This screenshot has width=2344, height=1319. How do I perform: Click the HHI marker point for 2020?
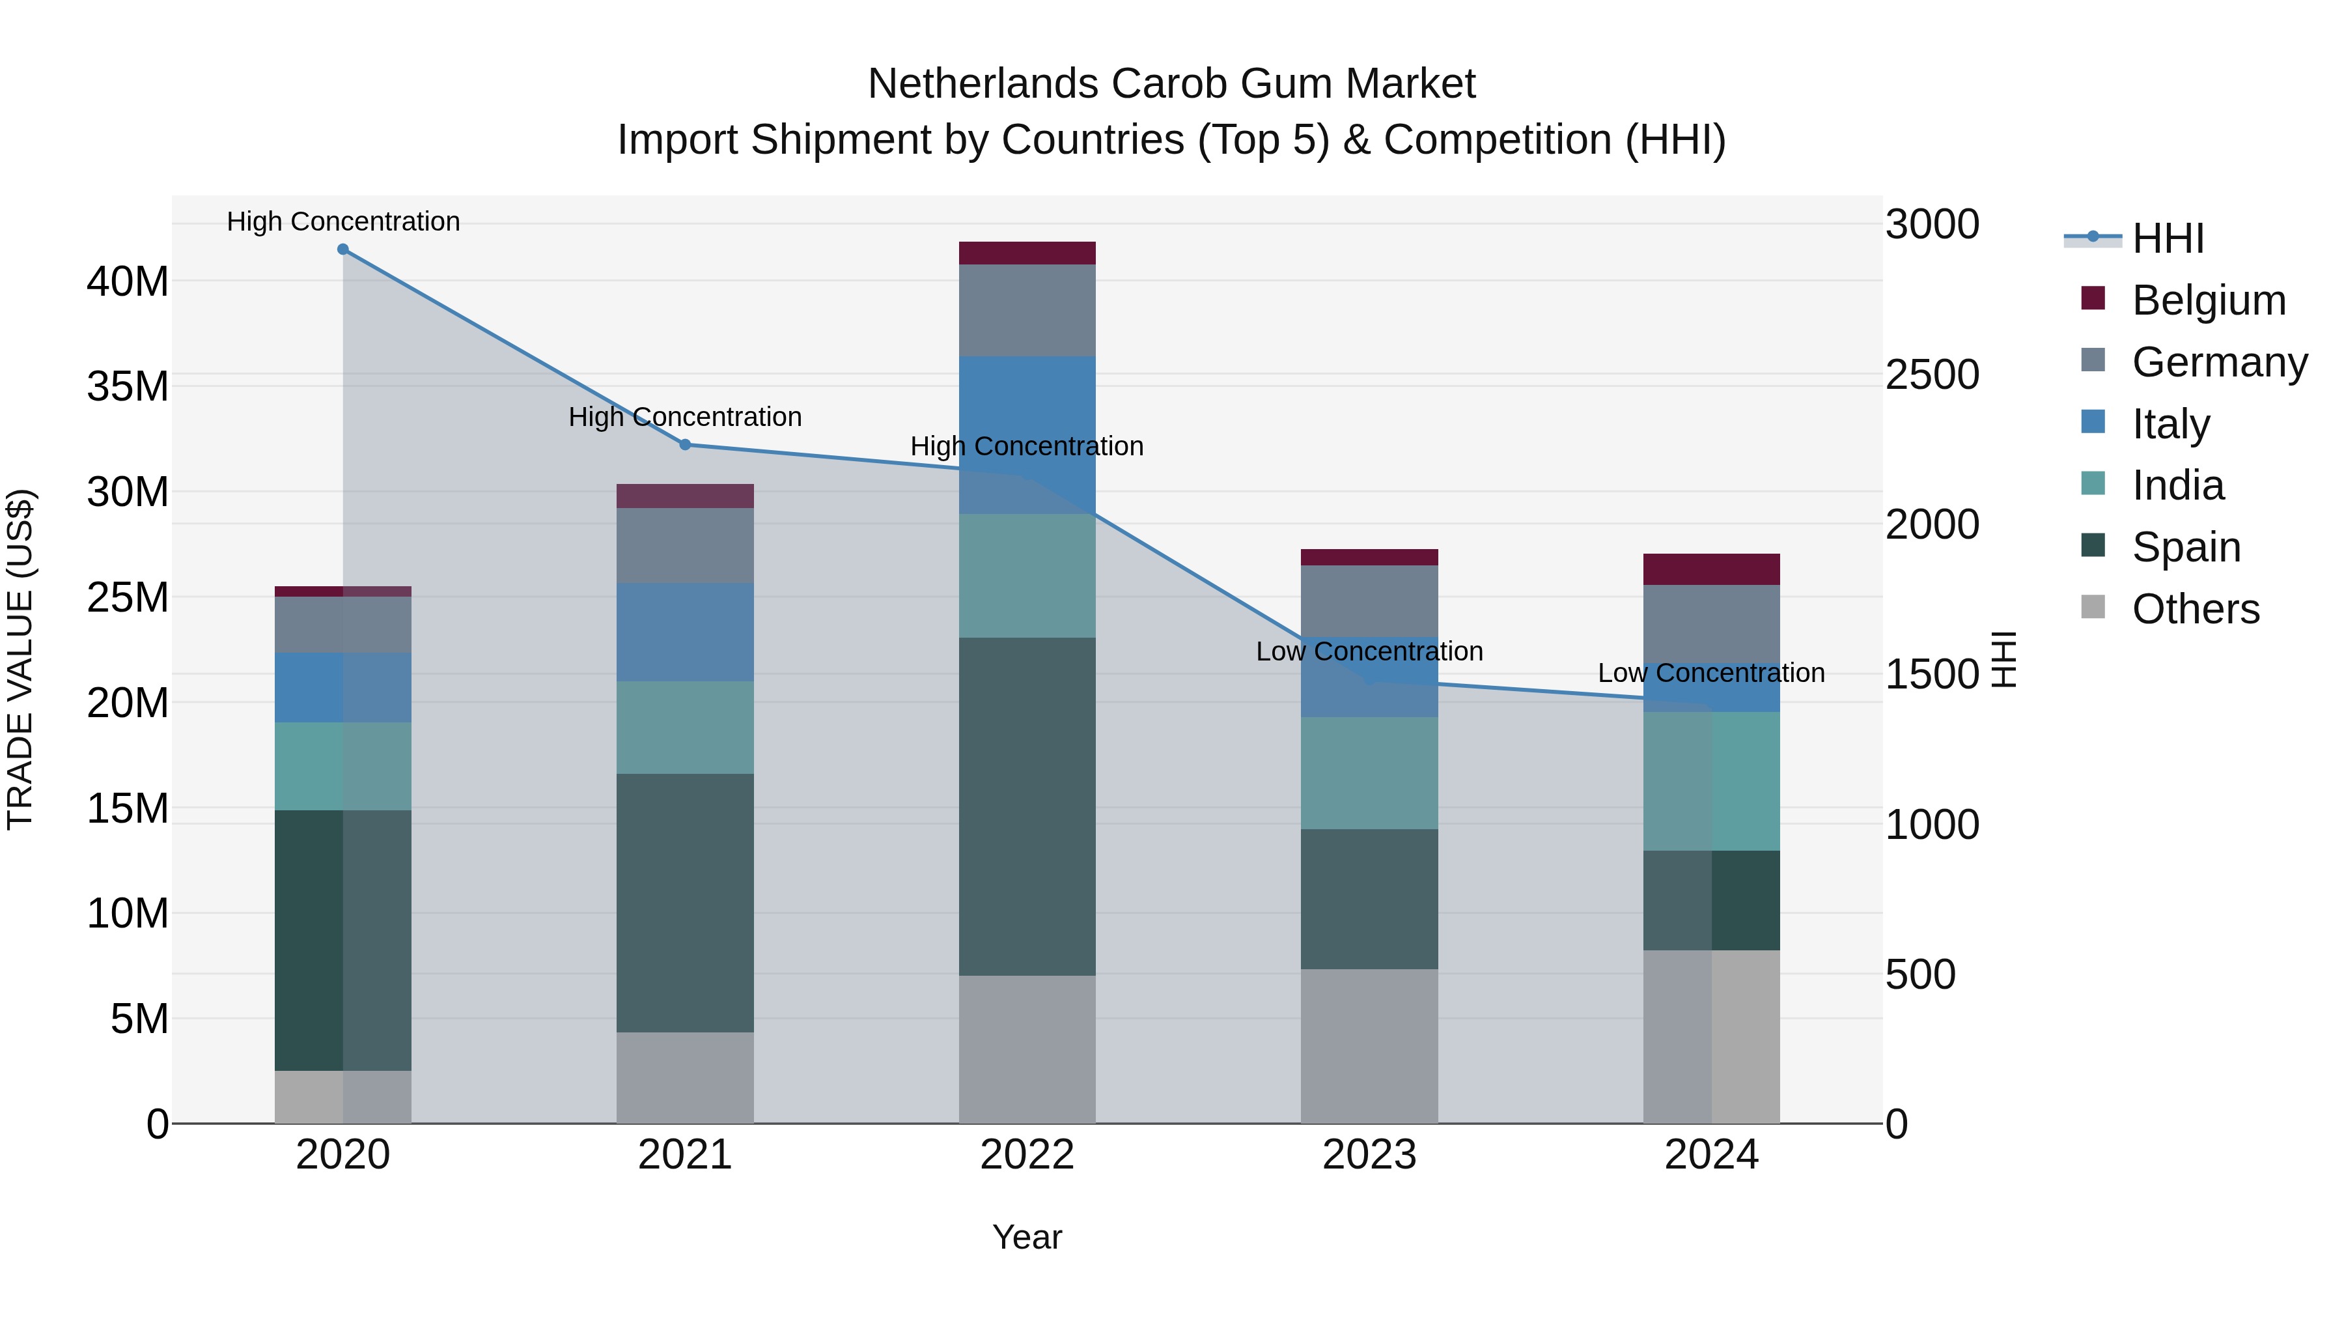(x=343, y=249)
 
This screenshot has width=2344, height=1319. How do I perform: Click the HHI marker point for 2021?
(x=685, y=444)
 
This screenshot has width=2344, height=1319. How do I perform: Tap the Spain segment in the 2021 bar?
(x=685, y=902)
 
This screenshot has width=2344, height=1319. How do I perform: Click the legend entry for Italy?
(x=2170, y=424)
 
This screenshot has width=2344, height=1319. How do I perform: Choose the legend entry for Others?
(x=2195, y=609)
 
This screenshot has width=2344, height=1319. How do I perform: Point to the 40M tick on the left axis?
(x=128, y=281)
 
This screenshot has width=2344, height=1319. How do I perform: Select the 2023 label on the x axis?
(x=1369, y=1155)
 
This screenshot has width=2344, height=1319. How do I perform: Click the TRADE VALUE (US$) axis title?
(x=20, y=659)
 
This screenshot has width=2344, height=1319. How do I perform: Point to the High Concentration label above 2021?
(x=685, y=417)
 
